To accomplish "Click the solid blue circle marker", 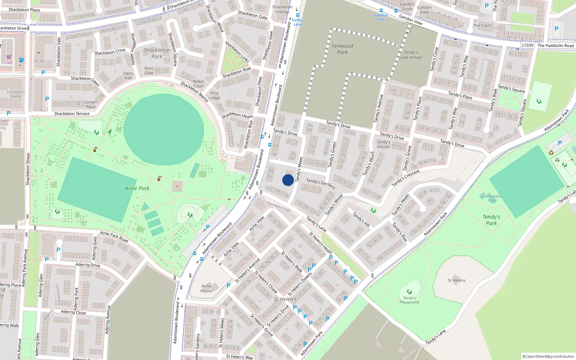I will click(288, 180).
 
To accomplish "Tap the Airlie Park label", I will click(137, 188).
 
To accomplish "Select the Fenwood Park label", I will click(342, 49).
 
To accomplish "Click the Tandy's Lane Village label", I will click(411, 55).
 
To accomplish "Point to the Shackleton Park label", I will click(157, 53).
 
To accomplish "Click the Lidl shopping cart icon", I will click(9, 57).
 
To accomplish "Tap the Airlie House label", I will click(206, 288).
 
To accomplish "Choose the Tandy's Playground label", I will click(409, 300).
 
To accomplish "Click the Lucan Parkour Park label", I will click(492, 198).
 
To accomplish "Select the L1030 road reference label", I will click(527, 45).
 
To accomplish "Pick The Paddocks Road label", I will click(555, 46).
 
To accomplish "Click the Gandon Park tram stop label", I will click(381, 17).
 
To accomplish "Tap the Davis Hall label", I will click(128, 76).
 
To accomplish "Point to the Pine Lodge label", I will click(215, 95).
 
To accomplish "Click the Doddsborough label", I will click(279, 207).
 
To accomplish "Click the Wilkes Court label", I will click(198, 84).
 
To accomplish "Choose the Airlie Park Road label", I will click(114, 237).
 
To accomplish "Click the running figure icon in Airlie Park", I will click(109, 132).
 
